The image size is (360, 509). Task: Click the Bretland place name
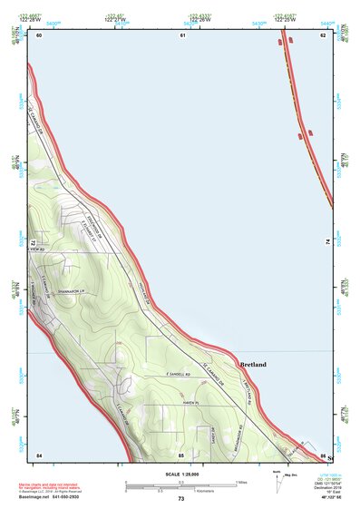coord(253,365)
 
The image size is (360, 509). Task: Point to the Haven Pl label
coord(189,402)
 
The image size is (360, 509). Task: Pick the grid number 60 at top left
coord(39,34)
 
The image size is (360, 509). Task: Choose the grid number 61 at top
coord(181,34)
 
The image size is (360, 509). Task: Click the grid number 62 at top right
coord(322,34)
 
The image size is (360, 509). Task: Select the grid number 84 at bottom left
coord(39,454)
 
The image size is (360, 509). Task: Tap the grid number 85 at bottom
coord(181,454)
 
